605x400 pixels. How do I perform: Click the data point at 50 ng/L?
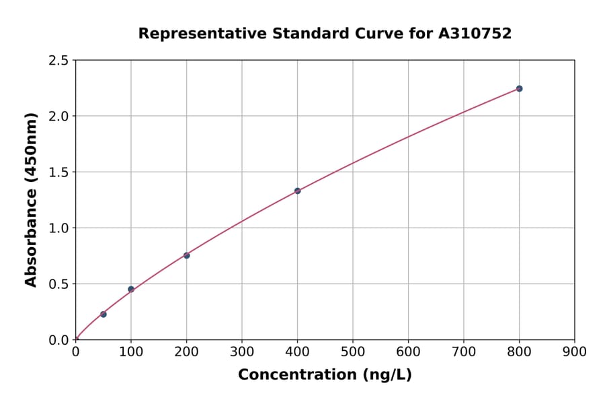pyautogui.click(x=104, y=314)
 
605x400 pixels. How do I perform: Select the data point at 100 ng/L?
pyautogui.click(x=131, y=290)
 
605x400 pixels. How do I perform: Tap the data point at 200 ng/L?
pyautogui.click(x=187, y=255)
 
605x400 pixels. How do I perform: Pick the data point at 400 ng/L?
pyautogui.click(x=297, y=191)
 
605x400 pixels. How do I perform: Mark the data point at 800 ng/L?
pyautogui.click(x=519, y=89)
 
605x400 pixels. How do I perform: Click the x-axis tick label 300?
pyautogui.click(x=242, y=352)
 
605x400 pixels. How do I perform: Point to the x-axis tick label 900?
pyautogui.click(x=574, y=352)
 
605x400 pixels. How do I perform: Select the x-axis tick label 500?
pyautogui.click(x=353, y=352)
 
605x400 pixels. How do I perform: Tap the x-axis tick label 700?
pyautogui.click(x=464, y=352)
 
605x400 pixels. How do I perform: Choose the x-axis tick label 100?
pyautogui.click(x=131, y=352)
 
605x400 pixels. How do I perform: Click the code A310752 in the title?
pyautogui.click(x=476, y=34)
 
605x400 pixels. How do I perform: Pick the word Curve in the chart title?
pyautogui.click(x=357, y=34)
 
